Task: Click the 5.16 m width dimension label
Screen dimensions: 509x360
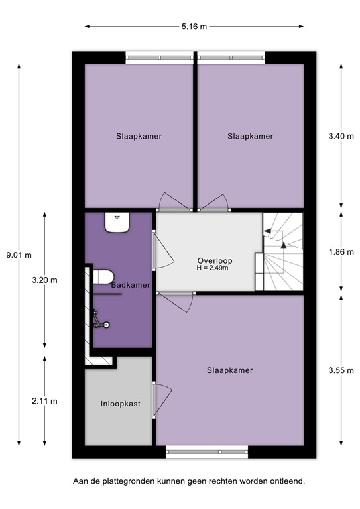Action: pos(194,27)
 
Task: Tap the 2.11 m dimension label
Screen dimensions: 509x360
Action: pos(45,401)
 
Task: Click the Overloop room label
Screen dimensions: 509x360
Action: pos(213,260)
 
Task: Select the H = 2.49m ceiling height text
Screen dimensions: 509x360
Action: pos(213,268)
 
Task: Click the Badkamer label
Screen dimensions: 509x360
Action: pos(130,285)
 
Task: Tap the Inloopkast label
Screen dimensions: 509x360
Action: pos(120,403)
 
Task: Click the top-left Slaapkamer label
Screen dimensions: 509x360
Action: pos(138,136)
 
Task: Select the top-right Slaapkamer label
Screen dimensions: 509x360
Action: pos(250,136)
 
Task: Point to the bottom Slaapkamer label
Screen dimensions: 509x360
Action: pos(230,370)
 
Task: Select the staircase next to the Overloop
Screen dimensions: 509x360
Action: pos(282,252)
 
